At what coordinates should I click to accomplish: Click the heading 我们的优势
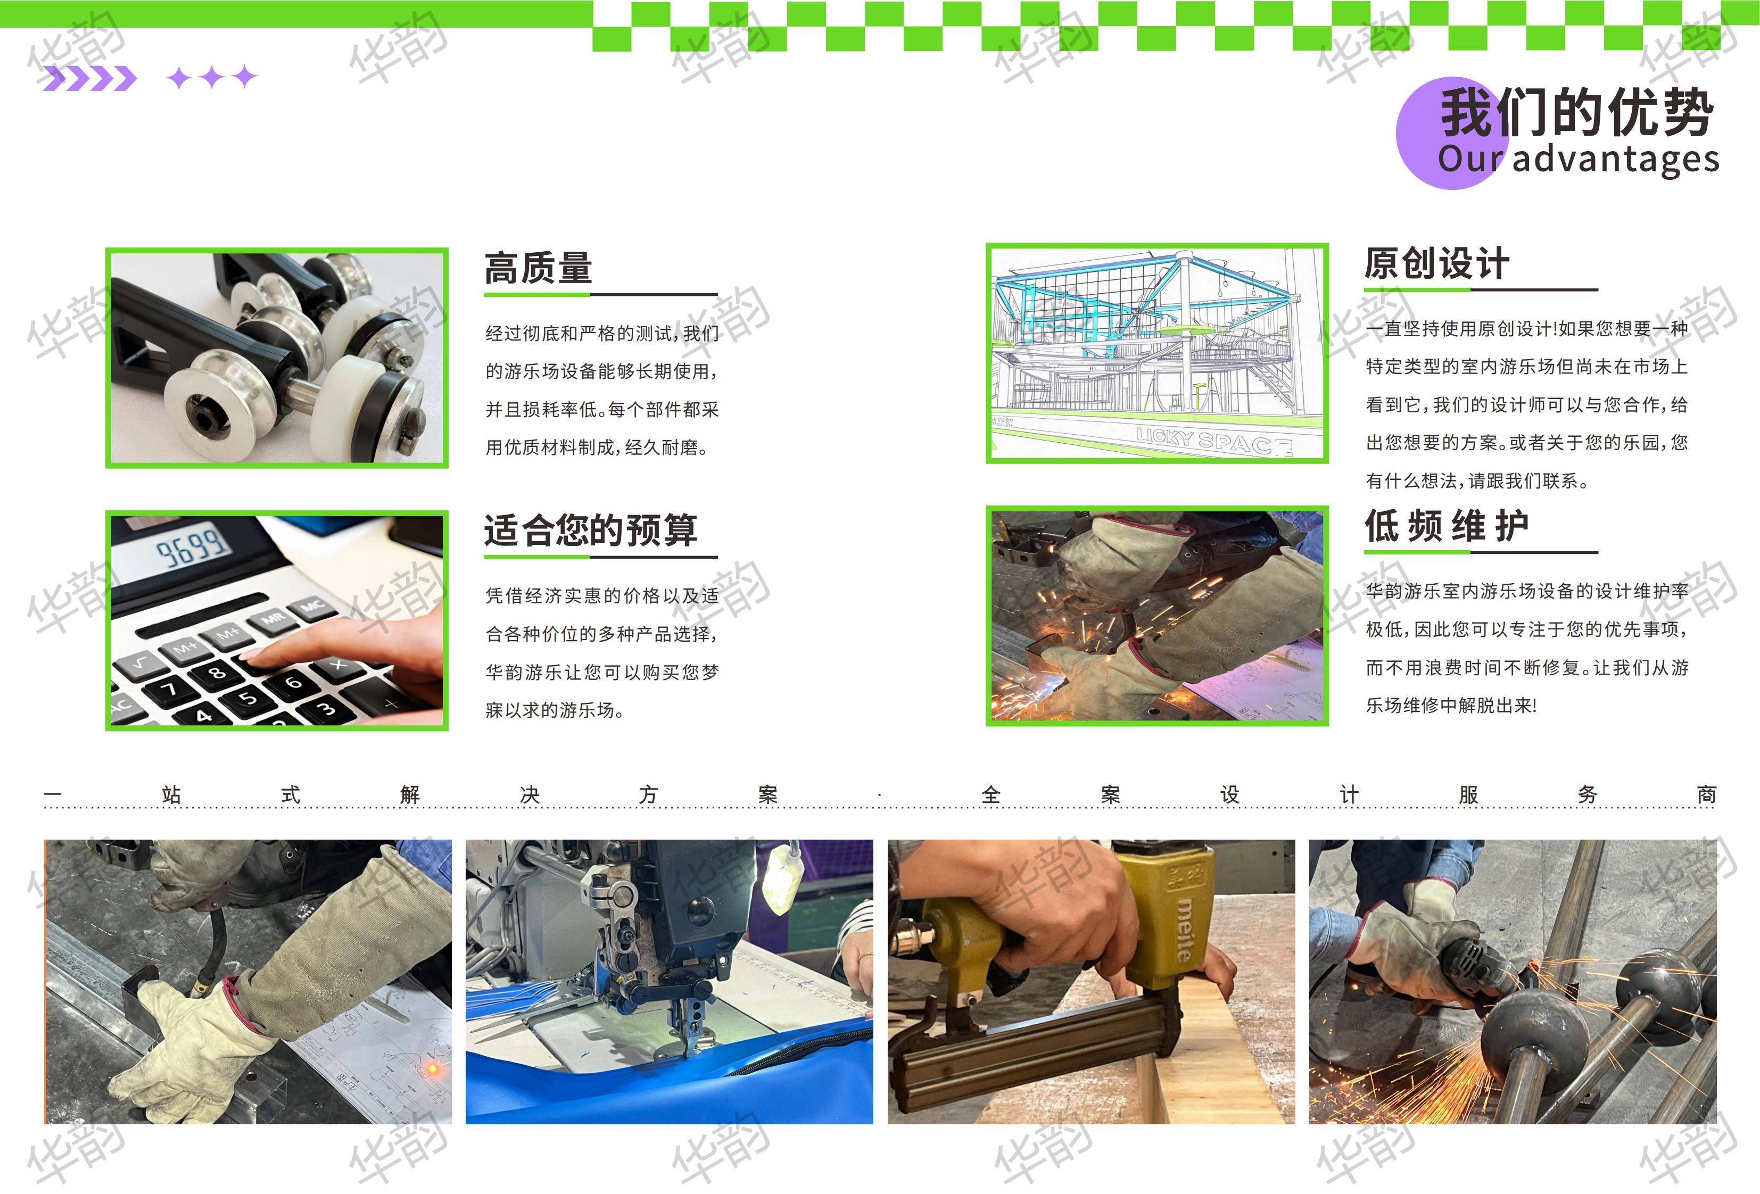1577,112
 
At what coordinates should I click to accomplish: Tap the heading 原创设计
1436,263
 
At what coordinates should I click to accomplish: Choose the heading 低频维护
1447,526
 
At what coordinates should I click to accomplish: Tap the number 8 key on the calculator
217,671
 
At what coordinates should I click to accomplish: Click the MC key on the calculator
313,605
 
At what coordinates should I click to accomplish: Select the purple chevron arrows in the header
89,78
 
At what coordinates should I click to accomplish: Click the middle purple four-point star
212,77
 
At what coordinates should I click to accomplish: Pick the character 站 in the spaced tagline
171,794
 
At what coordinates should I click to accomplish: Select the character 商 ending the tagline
1706,794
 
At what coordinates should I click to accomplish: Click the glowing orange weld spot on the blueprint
433,1069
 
